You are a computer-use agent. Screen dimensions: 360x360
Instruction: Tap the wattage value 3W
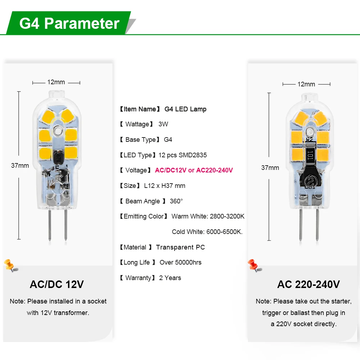(x=163, y=124)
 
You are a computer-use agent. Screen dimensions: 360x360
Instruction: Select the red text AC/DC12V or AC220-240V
(x=194, y=170)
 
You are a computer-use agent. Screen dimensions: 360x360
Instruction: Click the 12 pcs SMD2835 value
(x=183, y=155)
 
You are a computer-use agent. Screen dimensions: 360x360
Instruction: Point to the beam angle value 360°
(x=176, y=201)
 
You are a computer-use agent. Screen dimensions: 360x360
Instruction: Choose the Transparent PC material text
(x=180, y=247)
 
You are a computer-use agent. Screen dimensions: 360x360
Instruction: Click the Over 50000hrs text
(x=180, y=262)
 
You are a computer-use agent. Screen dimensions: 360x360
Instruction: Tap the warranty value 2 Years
(x=170, y=278)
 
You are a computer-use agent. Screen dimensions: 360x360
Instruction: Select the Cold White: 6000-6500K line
(x=207, y=232)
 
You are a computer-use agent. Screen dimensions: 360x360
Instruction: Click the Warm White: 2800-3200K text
(x=208, y=216)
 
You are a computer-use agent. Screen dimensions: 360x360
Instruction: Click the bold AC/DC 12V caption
(x=57, y=284)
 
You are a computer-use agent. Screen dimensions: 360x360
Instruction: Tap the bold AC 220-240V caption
(x=309, y=284)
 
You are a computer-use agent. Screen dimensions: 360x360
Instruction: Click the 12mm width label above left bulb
(x=56, y=82)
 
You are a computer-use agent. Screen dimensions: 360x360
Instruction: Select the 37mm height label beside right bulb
(x=270, y=168)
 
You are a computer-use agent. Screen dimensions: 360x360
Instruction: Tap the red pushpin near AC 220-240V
(x=254, y=266)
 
